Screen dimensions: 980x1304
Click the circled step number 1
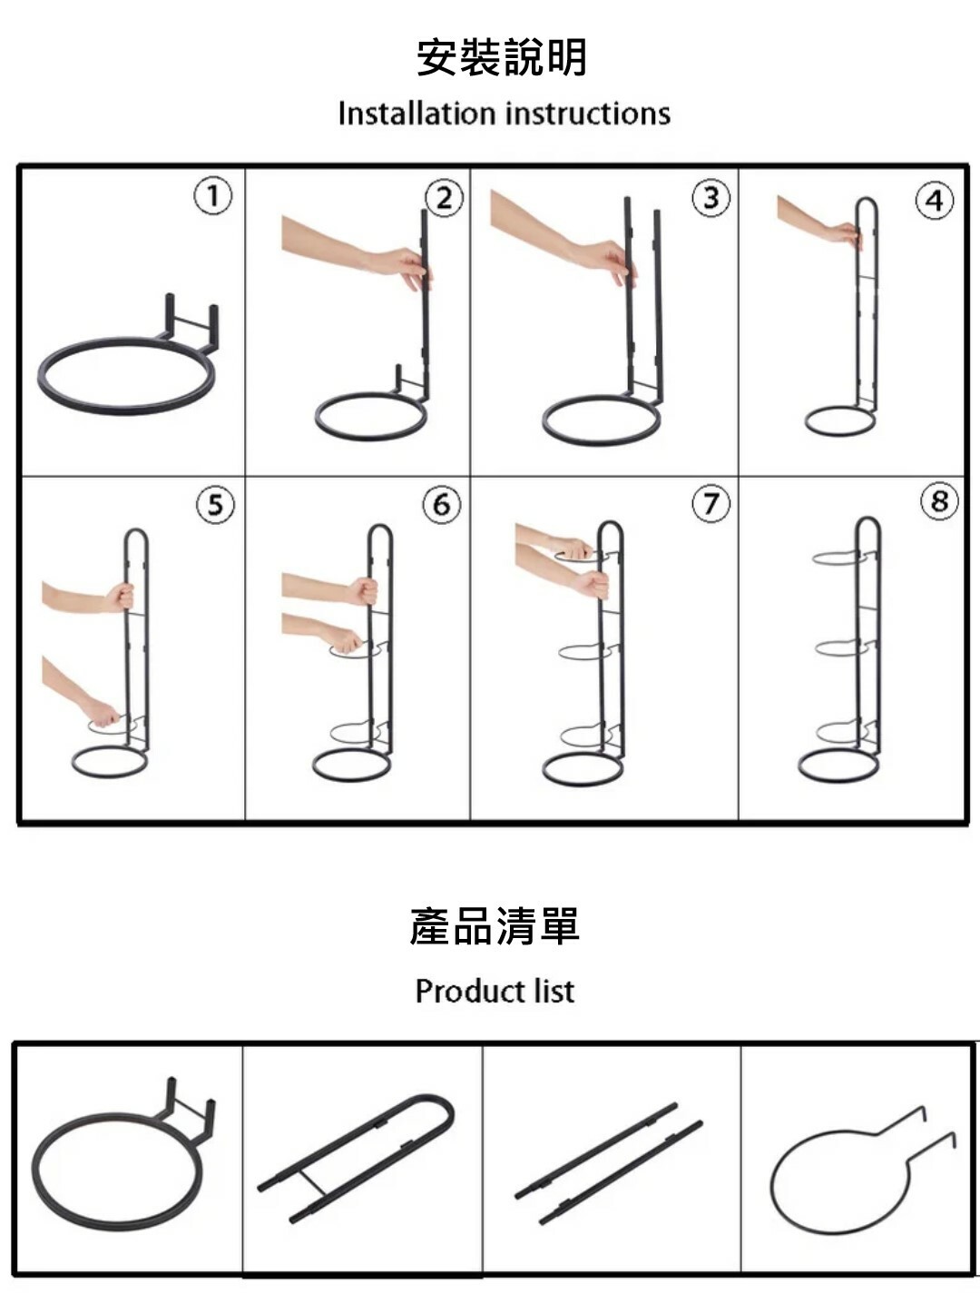coord(213,195)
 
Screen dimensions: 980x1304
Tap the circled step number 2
coord(445,198)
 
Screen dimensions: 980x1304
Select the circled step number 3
coord(711,198)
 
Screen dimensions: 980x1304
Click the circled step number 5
coord(215,504)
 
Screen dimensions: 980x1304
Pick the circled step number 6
coord(442,504)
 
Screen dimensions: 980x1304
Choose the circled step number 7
coord(711,503)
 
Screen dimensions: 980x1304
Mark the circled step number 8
coord(940,501)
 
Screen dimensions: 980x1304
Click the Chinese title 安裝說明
coord(502,57)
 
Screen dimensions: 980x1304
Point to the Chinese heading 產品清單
coord(495,926)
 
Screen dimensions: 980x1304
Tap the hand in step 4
coord(843,232)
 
